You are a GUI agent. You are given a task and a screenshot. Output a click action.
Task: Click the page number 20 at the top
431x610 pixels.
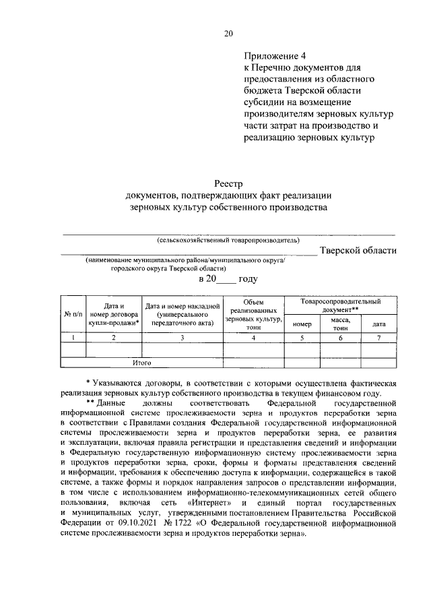coord(228,33)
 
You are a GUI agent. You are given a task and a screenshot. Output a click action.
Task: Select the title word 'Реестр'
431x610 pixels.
coord(228,183)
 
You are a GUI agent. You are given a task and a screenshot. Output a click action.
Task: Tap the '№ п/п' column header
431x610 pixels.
coord(72,314)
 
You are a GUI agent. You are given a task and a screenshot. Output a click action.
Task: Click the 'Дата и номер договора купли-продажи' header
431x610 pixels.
coord(113,314)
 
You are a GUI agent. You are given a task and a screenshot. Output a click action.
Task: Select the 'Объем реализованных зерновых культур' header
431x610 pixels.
coord(253,314)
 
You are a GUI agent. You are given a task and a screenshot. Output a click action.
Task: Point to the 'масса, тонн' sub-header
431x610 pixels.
coord(341,324)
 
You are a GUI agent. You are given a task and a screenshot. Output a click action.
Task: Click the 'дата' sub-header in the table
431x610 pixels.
coord(379,324)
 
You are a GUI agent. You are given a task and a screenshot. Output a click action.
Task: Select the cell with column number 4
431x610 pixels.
coord(253,338)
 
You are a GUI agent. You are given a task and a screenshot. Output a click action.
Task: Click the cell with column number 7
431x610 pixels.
coord(379,338)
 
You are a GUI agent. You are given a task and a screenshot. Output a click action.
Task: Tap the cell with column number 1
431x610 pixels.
coord(72,338)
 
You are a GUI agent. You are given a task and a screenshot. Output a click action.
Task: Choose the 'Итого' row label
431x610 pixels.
coord(141,363)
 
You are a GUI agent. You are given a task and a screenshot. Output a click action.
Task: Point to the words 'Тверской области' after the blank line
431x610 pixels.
coord(358,251)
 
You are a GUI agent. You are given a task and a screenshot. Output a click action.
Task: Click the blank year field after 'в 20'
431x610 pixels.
coord(235,278)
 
